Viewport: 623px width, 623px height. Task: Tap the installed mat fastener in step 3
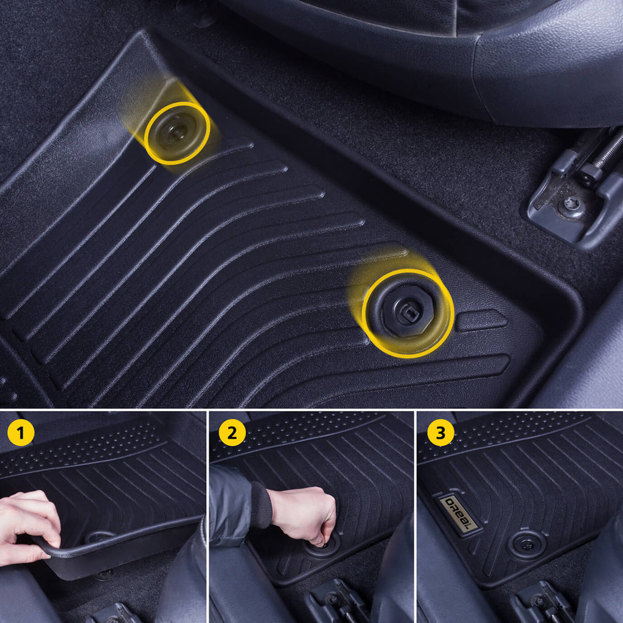click(x=527, y=545)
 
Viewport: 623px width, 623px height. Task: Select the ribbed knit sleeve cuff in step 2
click(x=261, y=505)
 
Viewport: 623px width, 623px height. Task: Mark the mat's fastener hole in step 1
click(x=100, y=537)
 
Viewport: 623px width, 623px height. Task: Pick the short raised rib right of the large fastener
click(x=482, y=320)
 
